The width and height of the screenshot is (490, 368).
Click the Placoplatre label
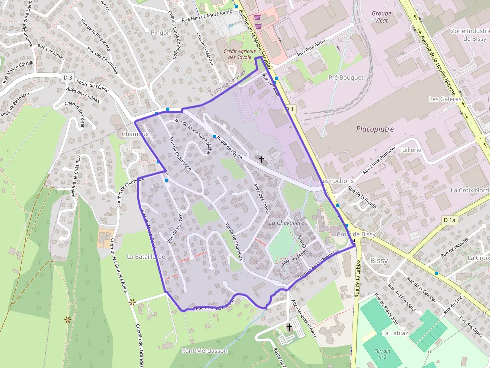tap(375, 129)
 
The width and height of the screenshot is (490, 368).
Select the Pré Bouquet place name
tap(346, 78)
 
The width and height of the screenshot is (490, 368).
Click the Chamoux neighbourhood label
tap(135, 134)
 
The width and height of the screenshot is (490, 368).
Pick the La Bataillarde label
tap(146, 257)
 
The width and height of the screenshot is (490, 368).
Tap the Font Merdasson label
tap(205, 350)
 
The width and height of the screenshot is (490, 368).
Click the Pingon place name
tap(160, 33)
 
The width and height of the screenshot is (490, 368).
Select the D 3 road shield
tap(68, 77)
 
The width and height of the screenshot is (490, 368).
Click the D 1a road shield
tap(450, 220)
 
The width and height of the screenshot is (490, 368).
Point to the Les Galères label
tap(445, 99)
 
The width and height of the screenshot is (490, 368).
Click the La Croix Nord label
tap(469, 190)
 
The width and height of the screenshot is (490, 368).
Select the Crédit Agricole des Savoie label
tap(238, 54)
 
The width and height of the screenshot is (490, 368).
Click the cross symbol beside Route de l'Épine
tap(261, 159)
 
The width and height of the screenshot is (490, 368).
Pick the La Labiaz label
tap(395, 333)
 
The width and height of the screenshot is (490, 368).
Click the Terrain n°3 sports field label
tap(382, 354)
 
